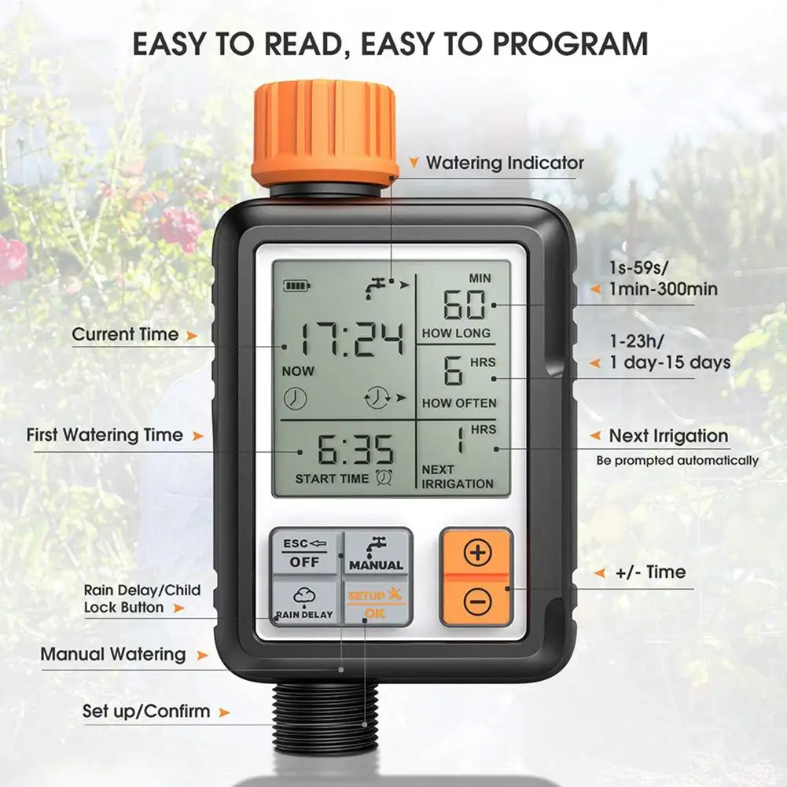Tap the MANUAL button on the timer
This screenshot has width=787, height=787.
(377, 553)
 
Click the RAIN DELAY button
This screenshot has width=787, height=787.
(304, 601)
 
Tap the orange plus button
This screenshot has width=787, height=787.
(477, 552)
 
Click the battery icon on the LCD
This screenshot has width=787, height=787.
(296, 286)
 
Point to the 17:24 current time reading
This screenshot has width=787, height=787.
(352, 339)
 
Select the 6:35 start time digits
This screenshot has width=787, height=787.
(355, 449)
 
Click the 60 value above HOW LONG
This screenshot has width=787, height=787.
(465, 304)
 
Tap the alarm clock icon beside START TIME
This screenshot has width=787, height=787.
(384, 477)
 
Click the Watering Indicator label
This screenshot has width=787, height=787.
(505, 163)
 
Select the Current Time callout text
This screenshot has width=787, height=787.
(125, 334)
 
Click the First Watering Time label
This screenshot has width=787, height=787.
(105, 435)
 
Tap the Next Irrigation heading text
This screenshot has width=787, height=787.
(668, 436)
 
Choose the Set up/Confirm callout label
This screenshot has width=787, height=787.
(146, 712)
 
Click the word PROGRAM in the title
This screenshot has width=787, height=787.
(570, 44)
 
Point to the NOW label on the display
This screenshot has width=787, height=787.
(298, 371)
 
